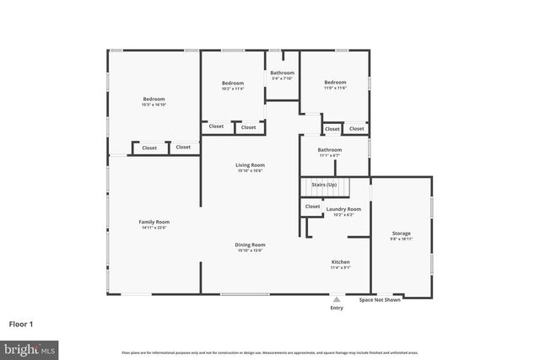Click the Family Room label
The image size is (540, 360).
tap(154, 222)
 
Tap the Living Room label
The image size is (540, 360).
tap(250, 164)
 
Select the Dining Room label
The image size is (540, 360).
tap(250, 244)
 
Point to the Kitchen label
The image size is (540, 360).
tap(340, 262)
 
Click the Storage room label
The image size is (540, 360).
tap(401, 233)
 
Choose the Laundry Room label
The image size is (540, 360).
tap(343, 208)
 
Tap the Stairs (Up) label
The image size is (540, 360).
tap(324, 184)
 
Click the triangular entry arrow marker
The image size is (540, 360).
tap(337, 298)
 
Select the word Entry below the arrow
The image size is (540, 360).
tap(337, 308)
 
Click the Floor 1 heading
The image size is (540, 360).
tap(21, 323)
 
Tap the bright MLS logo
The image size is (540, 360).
tap(30, 347)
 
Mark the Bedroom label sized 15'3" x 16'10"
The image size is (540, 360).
tap(154, 99)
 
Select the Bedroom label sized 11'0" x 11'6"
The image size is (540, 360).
tap(335, 83)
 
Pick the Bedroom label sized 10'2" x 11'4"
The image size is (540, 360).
tap(233, 83)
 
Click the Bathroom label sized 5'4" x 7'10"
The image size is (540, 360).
tap(282, 73)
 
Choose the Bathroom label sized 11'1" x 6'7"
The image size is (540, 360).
tap(329, 149)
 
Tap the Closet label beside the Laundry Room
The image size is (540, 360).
tap(312, 206)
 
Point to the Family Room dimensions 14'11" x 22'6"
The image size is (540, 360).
tap(154, 227)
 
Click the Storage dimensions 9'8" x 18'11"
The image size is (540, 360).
tap(401, 239)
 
